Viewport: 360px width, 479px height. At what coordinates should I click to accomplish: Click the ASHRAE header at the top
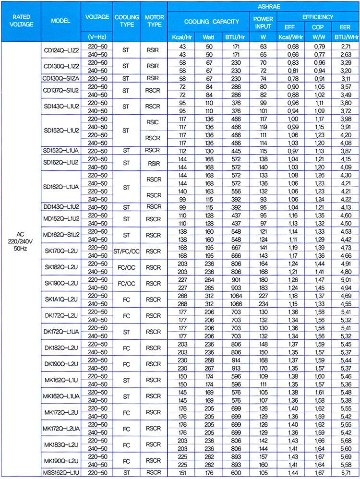pyautogui.click(x=264, y=6)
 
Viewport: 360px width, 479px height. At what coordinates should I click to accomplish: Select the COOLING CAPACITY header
pyautogui.click(x=211, y=22)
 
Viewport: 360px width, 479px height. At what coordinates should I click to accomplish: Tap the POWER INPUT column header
pyautogui.click(x=263, y=22)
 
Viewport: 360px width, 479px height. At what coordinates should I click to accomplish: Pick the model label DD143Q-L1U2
pyautogui.click(x=61, y=206)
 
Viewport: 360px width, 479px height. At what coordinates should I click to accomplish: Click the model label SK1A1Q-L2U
pyautogui.click(x=61, y=299)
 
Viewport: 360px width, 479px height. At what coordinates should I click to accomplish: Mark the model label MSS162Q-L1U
pyautogui.click(x=61, y=473)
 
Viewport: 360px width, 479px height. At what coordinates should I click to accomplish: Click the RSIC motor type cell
pyautogui.click(x=154, y=122)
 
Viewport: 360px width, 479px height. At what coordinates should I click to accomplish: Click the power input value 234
pyautogui.click(x=263, y=303)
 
